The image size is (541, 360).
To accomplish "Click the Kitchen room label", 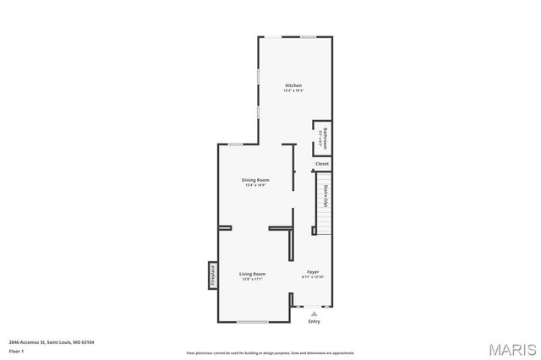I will click(x=293, y=85).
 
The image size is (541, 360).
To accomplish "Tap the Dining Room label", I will click(x=255, y=180).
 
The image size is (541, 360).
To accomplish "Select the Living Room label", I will click(x=252, y=274).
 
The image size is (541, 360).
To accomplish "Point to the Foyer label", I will click(x=313, y=272).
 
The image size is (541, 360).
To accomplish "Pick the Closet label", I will click(x=322, y=164).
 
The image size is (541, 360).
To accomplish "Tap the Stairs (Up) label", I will click(x=325, y=196).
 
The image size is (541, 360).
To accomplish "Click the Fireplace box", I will click(x=213, y=275).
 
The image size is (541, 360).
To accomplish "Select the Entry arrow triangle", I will click(x=314, y=314).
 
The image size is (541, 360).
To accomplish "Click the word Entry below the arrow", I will click(x=314, y=322).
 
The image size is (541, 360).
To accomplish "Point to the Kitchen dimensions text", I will click(x=293, y=90).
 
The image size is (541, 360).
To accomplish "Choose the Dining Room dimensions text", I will click(x=255, y=185).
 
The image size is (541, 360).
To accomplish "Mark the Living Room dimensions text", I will click(x=252, y=279).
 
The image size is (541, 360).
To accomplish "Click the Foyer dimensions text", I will click(x=313, y=277).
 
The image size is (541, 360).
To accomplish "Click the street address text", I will click(x=52, y=342).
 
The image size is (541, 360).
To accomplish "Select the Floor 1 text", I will click(x=15, y=350).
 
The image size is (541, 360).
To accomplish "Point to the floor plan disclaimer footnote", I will click(x=270, y=352).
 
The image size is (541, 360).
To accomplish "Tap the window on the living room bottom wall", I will click(x=252, y=322).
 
